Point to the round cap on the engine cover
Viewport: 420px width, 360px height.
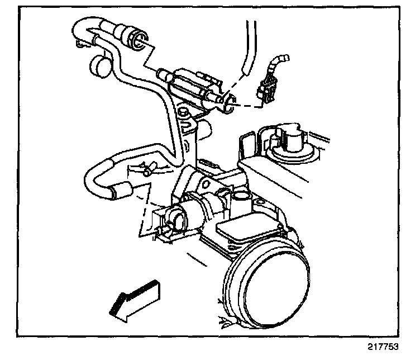[290, 138]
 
